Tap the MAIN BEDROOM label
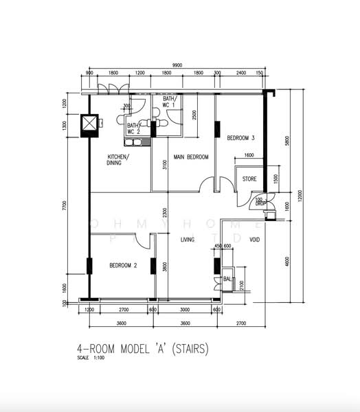pyautogui.click(x=190, y=157)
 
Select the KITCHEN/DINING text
pyautogui.click(x=118, y=160)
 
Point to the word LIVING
pyautogui.click(x=188, y=240)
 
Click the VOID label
pyautogui.click(x=254, y=240)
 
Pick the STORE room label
pyautogui.click(x=249, y=180)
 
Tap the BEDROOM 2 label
pyautogui.click(x=123, y=265)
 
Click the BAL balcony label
pyautogui.click(x=227, y=279)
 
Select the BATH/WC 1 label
pyautogui.click(x=169, y=102)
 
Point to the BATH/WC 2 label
pyautogui.click(x=133, y=128)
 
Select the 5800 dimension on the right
pyautogui.click(x=289, y=141)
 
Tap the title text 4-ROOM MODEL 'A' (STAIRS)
pyautogui.click(x=142, y=348)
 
